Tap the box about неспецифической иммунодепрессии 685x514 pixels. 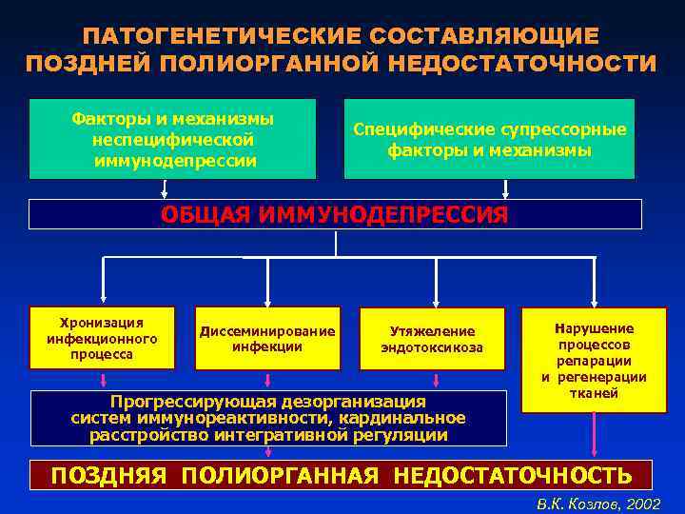(x=172, y=139)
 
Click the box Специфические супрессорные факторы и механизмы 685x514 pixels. (x=489, y=139)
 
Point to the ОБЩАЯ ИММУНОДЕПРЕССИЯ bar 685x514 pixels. (x=335, y=214)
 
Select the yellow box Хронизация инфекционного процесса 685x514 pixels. (x=103, y=337)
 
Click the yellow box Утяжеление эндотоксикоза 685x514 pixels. (x=432, y=338)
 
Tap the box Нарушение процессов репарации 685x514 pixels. (x=595, y=359)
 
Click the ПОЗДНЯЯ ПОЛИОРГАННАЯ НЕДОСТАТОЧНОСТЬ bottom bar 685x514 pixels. (x=341, y=475)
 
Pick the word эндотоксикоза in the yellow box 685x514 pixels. (x=432, y=347)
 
